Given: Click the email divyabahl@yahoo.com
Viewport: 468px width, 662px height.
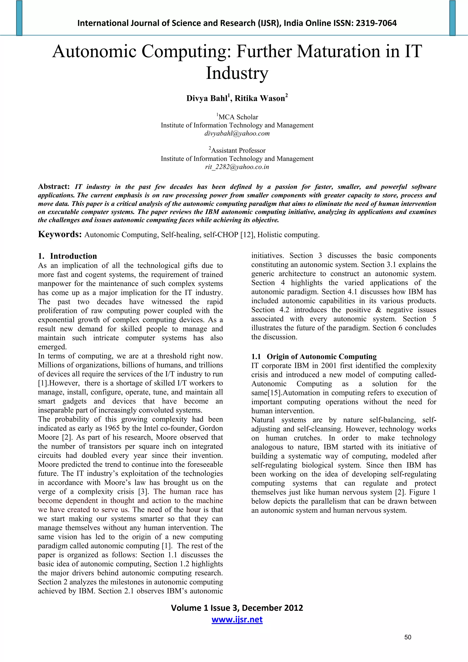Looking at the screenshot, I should click(237, 133).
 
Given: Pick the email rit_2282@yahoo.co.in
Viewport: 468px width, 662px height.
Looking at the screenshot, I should click(237, 167).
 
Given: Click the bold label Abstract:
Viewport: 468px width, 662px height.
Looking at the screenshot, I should click(54, 186).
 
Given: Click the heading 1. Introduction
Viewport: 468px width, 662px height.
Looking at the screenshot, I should click(67, 256).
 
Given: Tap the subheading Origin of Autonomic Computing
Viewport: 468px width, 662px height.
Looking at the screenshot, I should click(322, 357).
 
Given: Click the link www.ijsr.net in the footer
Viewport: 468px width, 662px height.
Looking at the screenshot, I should click(237, 620).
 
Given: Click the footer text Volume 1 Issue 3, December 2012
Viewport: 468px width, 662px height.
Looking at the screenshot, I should click(237, 608).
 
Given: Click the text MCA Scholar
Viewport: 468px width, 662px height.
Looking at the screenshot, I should click(238, 117).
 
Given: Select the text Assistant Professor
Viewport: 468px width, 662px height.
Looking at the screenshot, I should click(238, 151).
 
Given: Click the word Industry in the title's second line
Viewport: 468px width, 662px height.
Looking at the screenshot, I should click(237, 73).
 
